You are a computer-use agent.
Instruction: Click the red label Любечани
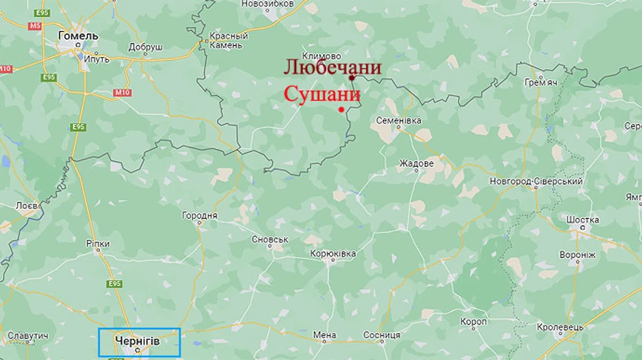(x=332, y=68)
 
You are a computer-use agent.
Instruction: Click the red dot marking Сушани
(x=342, y=109)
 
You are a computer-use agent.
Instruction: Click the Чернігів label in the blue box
(x=137, y=341)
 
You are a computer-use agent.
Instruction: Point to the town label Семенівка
(x=398, y=120)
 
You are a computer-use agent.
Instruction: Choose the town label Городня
(x=200, y=215)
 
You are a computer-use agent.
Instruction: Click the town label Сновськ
(x=270, y=240)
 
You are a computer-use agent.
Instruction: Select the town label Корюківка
(x=332, y=254)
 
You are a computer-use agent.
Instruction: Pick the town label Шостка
(x=583, y=220)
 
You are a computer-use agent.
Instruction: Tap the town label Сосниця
(x=382, y=335)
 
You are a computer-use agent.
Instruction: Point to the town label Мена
(x=325, y=335)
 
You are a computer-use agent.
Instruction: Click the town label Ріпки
(x=98, y=244)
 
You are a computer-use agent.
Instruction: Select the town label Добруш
(x=146, y=47)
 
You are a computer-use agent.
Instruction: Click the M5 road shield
(x=36, y=26)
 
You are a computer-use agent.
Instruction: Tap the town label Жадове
(x=417, y=163)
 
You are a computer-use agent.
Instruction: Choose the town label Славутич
(x=28, y=335)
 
